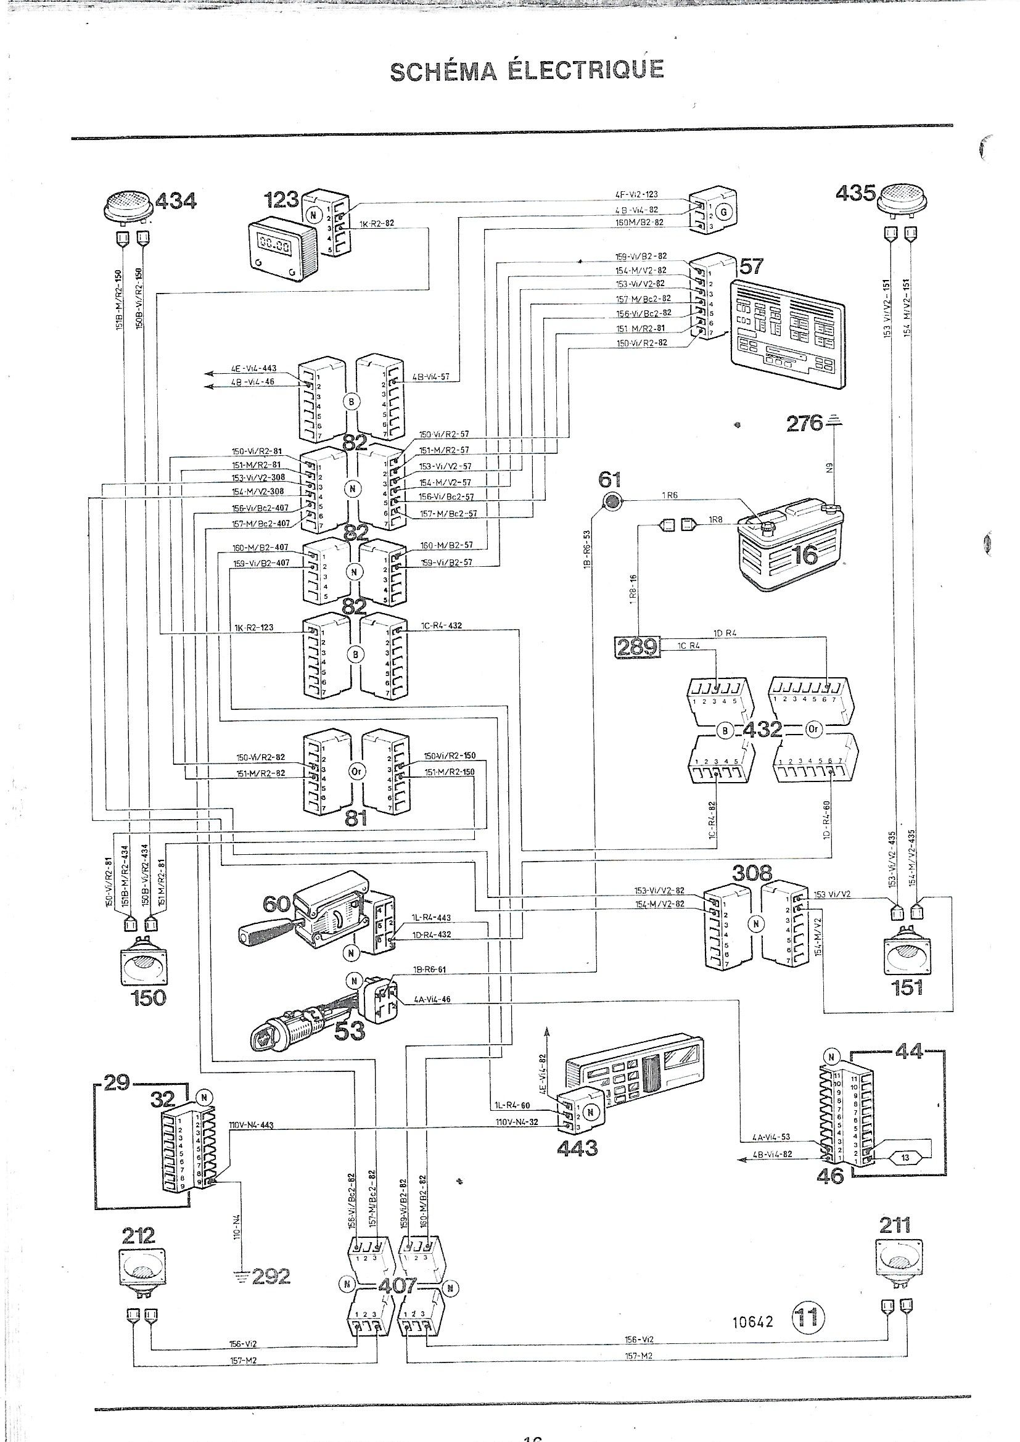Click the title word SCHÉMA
click(x=442, y=71)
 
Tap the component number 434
click(x=175, y=201)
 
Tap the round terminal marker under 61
click(x=610, y=501)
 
